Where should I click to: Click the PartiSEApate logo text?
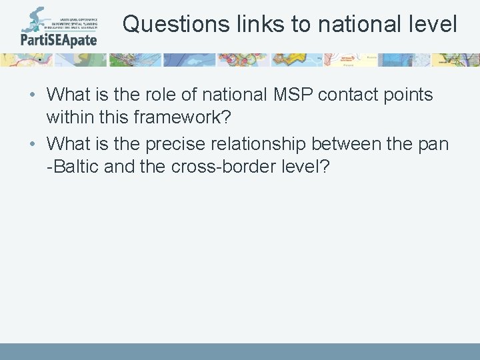59,39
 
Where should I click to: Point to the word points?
407,95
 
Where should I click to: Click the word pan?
434,144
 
